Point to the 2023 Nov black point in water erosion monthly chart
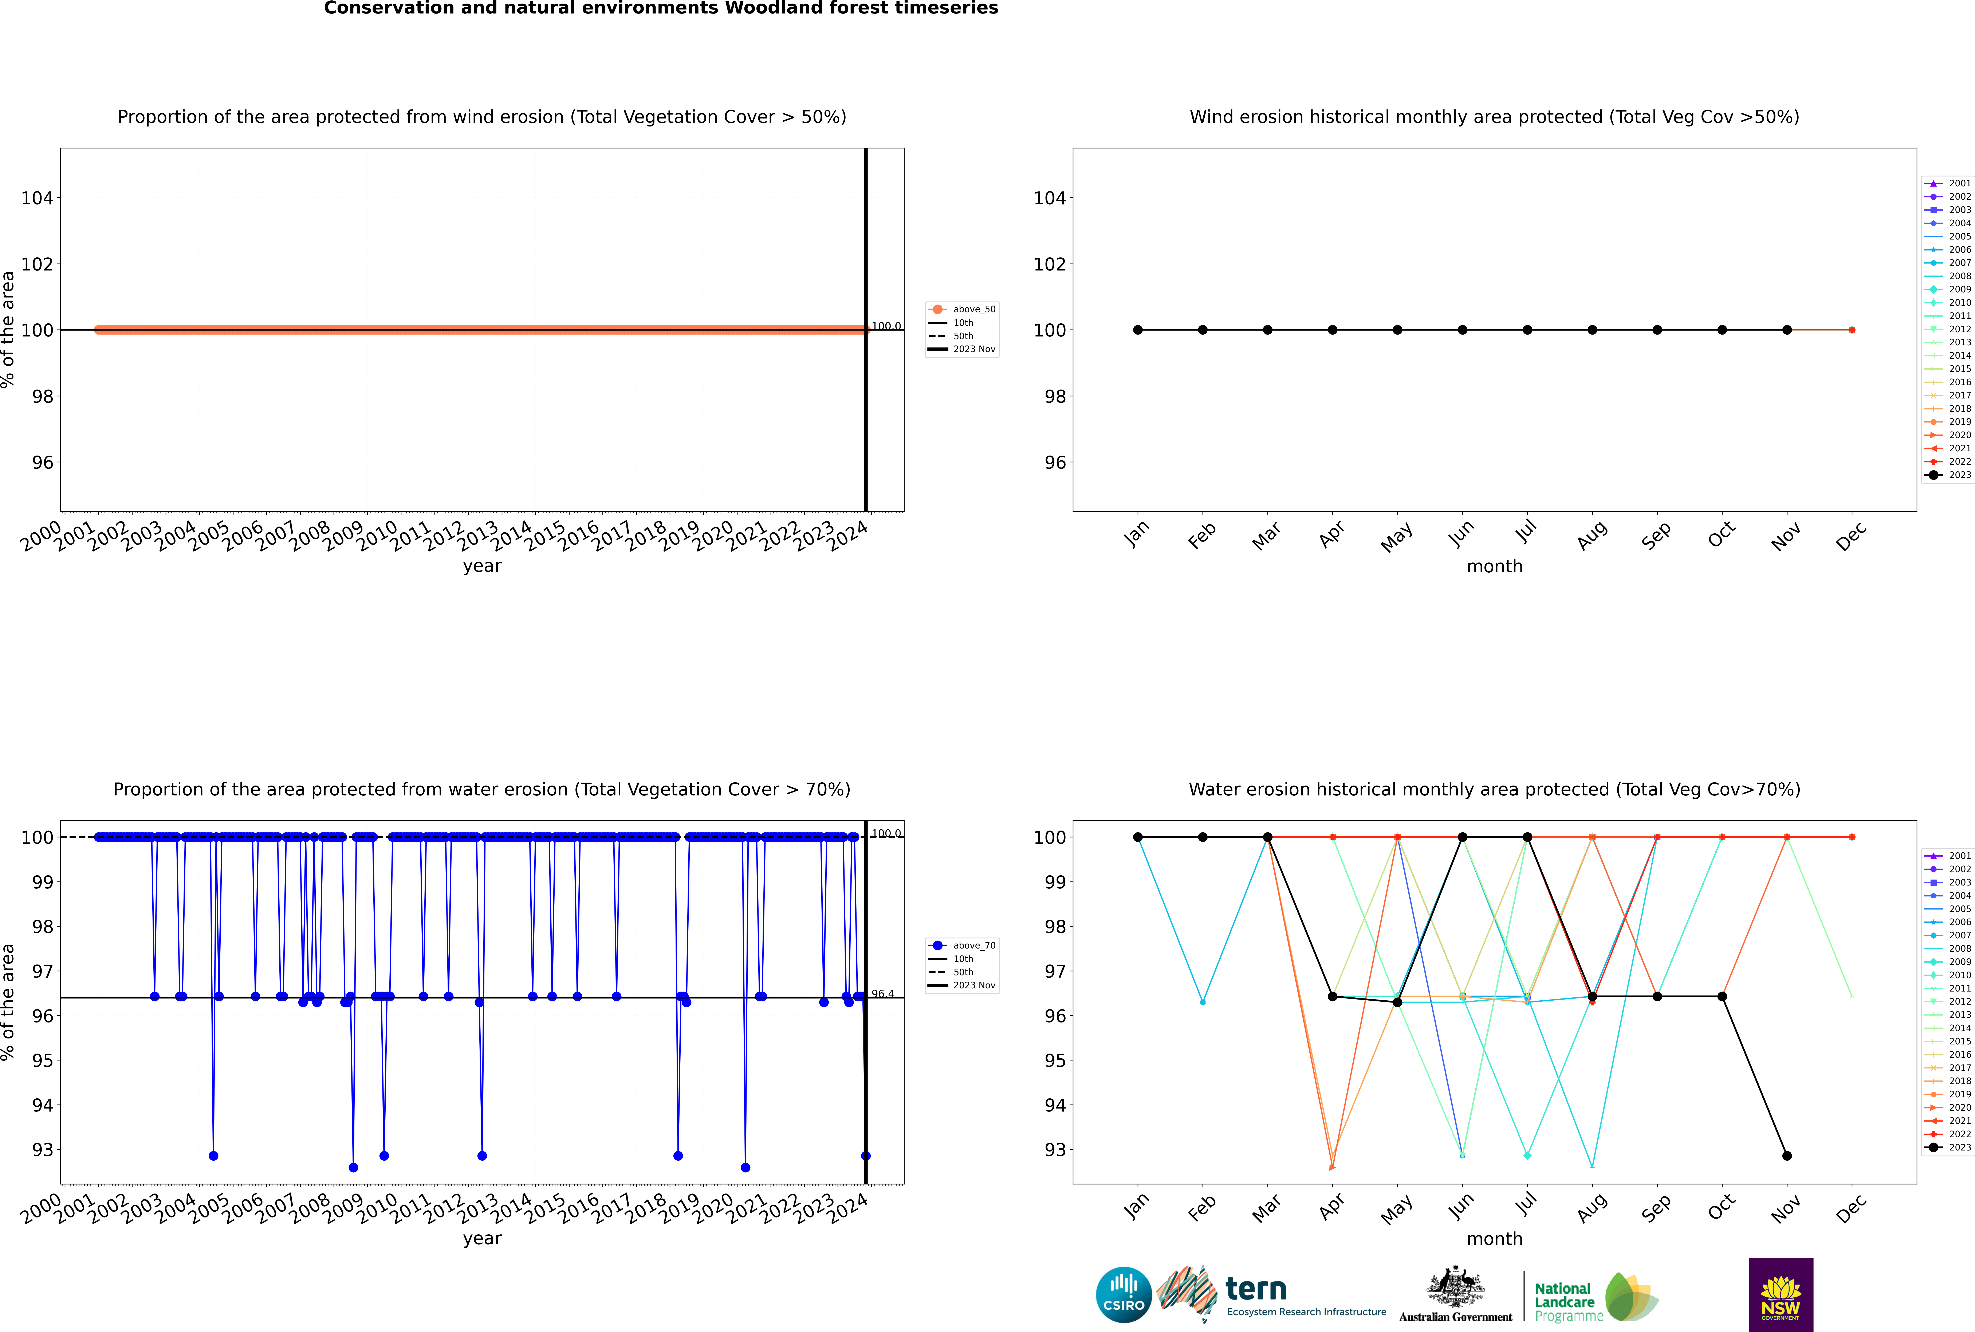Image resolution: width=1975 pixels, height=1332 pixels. coord(1786,1155)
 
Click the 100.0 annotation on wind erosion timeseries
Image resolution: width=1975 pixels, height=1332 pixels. coord(886,326)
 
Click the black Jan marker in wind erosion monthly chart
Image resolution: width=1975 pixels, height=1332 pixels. coord(1138,330)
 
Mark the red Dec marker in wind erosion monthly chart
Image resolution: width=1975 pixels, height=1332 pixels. coord(1852,330)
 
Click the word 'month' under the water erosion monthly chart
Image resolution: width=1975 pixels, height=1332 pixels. coord(1494,1239)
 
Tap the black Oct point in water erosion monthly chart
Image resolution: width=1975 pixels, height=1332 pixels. coord(1722,996)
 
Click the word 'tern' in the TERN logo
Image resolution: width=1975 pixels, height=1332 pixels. coord(1256,1290)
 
